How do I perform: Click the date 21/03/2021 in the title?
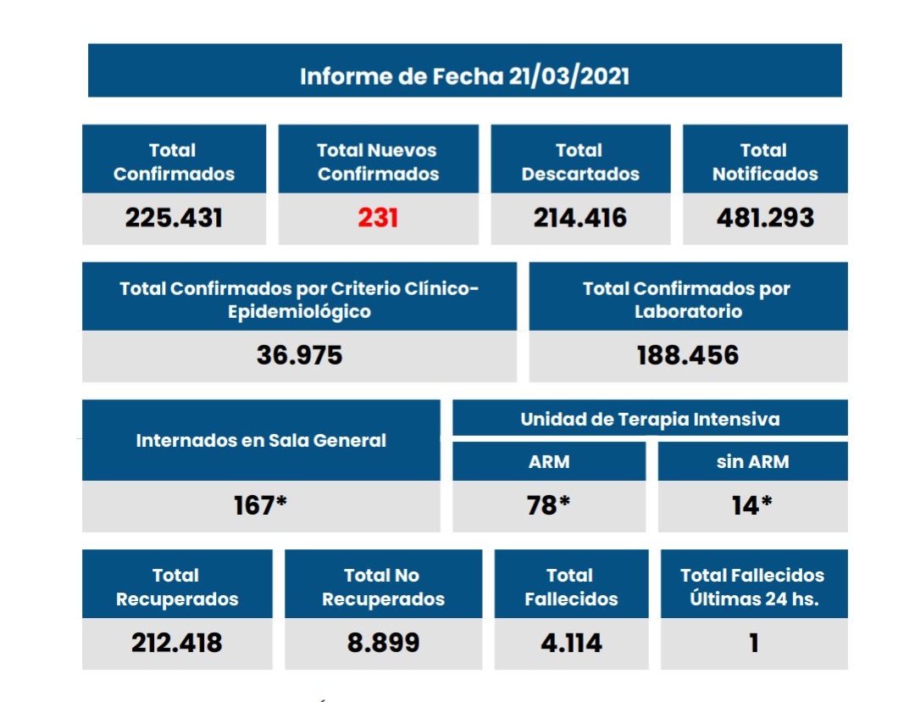click(569, 76)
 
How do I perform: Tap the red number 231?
click(378, 218)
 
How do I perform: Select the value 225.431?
click(174, 218)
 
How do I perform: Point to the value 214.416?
click(580, 218)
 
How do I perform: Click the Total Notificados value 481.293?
click(764, 218)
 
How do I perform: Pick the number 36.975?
click(299, 354)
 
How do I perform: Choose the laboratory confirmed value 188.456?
click(687, 354)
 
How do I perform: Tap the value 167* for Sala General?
click(260, 505)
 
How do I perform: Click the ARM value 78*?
click(548, 505)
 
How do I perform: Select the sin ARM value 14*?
click(751, 505)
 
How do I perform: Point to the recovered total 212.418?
click(176, 643)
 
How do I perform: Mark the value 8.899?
click(383, 643)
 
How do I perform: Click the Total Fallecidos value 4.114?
click(571, 643)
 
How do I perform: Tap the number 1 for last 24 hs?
click(753, 643)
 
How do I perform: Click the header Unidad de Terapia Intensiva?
click(650, 419)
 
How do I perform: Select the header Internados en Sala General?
click(261, 441)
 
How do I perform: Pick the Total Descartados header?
click(580, 162)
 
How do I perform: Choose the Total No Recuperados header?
click(383, 587)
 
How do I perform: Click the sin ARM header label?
click(752, 462)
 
